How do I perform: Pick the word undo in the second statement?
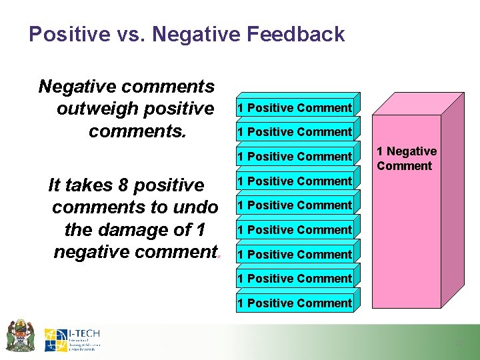pyautogui.click(x=197, y=207)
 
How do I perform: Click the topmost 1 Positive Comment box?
pyautogui.click(x=295, y=108)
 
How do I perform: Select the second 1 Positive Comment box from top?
pyautogui.click(x=295, y=132)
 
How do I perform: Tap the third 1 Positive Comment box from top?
pyautogui.click(x=295, y=157)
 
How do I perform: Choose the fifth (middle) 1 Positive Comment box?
pyautogui.click(x=295, y=205)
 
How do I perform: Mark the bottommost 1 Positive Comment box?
pyautogui.click(x=295, y=303)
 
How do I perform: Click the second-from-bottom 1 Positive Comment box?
pyautogui.click(x=295, y=279)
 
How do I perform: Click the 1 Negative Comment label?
pyautogui.click(x=406, y=159)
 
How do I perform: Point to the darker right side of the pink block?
pyautogui.click(x=452, y=200)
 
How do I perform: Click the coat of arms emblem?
pyautogui.click(x=20, y=335)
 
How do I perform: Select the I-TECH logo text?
pyautogui.click(x=84, y=333)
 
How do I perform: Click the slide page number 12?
pyautogui.click(x=459, y=343)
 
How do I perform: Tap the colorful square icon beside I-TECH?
pyautogui.click(x=55, y=340)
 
